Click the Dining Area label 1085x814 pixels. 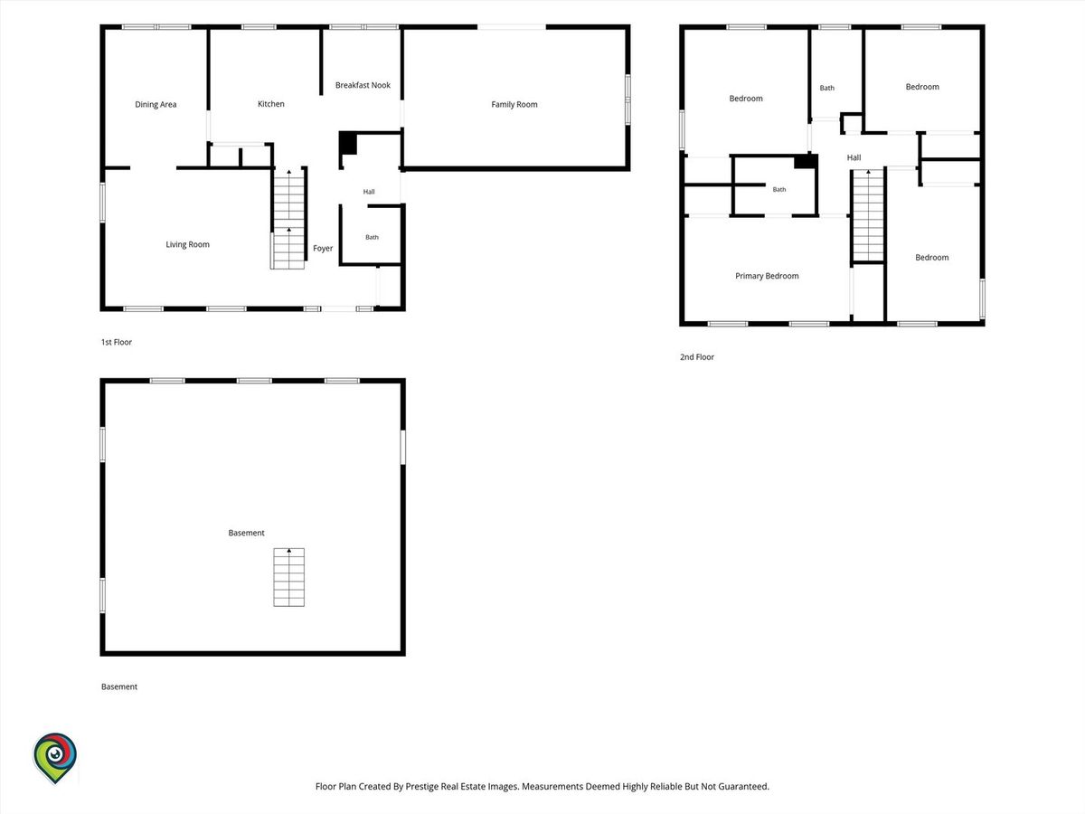(156, 104)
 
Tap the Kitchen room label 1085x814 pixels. (271, 104)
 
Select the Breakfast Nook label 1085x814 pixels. (363, 85)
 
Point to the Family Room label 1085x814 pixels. (514, 104)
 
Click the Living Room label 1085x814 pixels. (187, 244)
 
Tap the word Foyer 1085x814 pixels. (323, 248)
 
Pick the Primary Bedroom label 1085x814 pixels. (767, 276)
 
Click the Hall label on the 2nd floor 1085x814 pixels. (854, 157)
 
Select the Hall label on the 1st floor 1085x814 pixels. (369, 192)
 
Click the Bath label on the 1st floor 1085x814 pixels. (372, 237)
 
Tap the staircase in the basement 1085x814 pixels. (289, 577)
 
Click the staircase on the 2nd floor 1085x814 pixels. (868, 215)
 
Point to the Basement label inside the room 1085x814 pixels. (246, 533)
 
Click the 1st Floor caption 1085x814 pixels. (117, 342)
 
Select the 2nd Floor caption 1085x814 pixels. (697, 357)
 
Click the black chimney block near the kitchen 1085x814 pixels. (348, 143)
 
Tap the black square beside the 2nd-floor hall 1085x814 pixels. (805, 162)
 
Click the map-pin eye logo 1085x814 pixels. (55, 758)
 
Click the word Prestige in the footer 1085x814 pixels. (421, 786)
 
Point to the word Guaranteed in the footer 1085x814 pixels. (743, 786)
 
